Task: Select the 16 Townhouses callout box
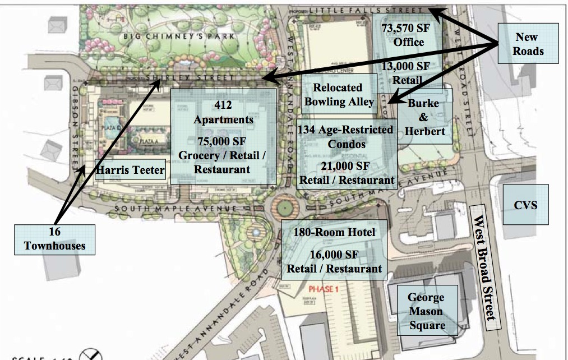click(x=54, y=238)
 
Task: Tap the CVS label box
click(x=525, y=205)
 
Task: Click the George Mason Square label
click(x=426, y=311)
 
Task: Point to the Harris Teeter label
click(x=131, y=169)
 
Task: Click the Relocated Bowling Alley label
click(x=338, y=94)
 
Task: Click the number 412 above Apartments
click(x=223, y=105)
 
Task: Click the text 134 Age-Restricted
click(x=345, y=130)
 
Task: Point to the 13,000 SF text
click(x=405, y=66)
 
